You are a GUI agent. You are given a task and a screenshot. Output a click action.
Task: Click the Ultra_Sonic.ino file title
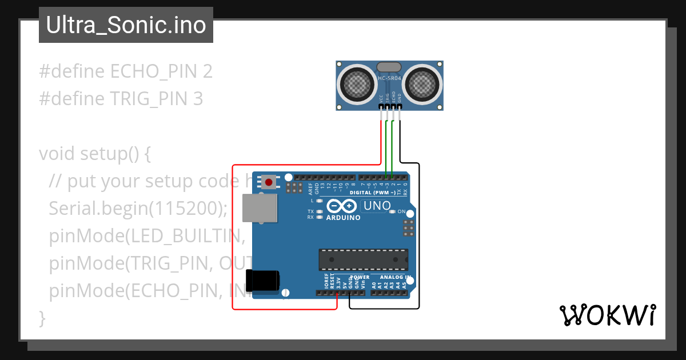(126, 25)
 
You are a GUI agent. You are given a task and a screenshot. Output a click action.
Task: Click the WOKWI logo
(607, 315)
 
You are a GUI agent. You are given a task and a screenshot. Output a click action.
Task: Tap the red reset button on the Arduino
(268, 182)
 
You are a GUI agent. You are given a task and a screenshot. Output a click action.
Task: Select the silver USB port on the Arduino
(259, 207)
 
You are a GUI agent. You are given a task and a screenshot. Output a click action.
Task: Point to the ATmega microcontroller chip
(363, 259)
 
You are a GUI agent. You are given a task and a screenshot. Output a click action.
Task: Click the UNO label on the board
(377, 206)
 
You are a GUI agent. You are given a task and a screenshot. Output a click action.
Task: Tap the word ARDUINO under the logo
(343, 218)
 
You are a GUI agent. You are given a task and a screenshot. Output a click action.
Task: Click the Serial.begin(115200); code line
(138, 209)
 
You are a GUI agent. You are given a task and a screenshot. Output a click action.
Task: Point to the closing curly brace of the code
(42, 318)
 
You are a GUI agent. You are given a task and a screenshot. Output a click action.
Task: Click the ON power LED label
(401, 212)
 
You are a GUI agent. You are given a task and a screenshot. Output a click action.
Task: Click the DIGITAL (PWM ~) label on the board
(372, 193)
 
